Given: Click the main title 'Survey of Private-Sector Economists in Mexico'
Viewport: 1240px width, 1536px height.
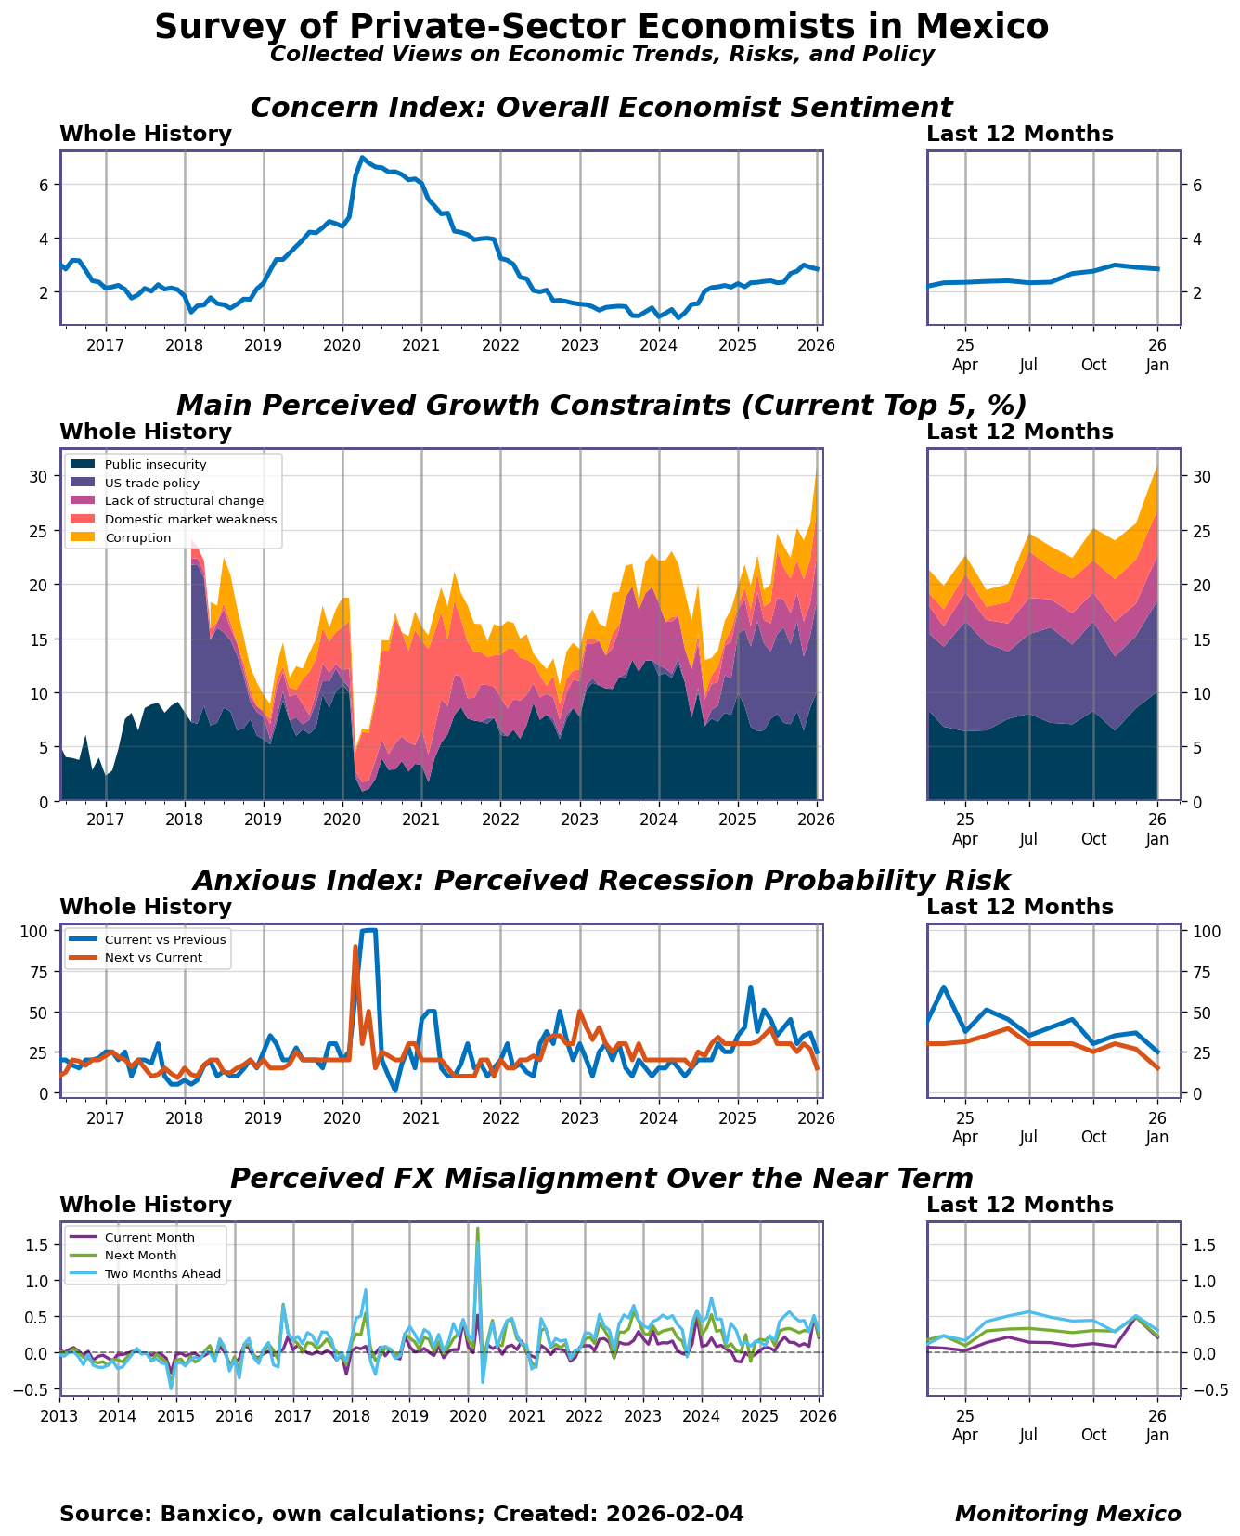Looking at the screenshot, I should click(601, 26).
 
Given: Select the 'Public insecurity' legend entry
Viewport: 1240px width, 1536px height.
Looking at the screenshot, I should click(155, 465).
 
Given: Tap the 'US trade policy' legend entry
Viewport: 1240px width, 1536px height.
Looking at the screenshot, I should click(151, 484).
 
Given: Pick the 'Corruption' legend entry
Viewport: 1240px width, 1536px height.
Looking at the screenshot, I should click(137, 538).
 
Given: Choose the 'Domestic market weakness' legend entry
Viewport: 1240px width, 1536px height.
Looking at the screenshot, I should click(190, 520).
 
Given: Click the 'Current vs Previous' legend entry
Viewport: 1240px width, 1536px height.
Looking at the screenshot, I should click(164, 940).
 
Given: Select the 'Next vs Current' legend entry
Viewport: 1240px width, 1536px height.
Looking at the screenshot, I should click(153, 958).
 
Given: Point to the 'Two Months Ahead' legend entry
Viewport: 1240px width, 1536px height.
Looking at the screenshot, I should click(162, 1274).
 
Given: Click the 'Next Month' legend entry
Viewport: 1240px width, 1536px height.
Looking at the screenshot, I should click(140, 1256).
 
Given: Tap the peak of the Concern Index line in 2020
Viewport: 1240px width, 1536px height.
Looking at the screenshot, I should click(363, 158).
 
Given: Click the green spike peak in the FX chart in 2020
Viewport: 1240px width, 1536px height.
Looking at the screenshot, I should click(477, 1229).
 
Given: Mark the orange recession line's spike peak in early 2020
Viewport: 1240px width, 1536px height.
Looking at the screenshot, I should click(355, 947).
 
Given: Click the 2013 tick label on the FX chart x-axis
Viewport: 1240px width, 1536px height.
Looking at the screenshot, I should click(59, 1416).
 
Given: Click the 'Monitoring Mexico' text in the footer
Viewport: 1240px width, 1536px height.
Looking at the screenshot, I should click(1067, 1515).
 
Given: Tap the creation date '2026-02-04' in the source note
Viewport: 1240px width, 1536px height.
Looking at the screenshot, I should click(674, 1515).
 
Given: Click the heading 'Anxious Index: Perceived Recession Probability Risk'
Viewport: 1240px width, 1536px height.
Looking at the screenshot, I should click(601, 881).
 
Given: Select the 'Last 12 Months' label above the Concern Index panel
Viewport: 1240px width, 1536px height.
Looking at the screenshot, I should click(1019, 135).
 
